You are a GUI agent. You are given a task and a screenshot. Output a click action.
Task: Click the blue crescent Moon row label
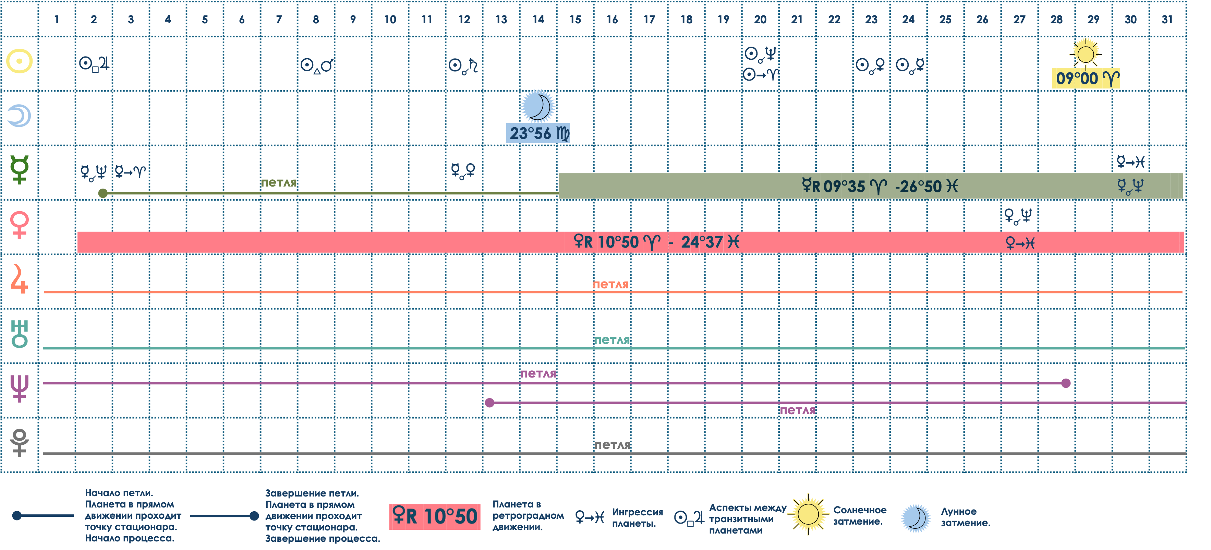coord(19,116)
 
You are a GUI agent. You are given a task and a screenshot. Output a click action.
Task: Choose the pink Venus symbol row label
coord(19,225)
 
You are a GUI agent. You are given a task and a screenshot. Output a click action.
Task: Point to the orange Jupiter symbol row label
coord(19,279)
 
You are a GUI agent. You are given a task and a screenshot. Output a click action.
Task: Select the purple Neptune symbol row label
coord(19,388)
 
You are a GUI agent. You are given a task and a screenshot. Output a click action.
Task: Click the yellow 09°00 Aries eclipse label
coord(1086,79)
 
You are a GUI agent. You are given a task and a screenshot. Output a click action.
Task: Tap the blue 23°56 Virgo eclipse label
coord(538,133)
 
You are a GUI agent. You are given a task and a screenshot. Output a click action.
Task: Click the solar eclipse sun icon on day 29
coord(1086,53)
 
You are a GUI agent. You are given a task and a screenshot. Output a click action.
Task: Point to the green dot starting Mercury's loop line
coord(103,193)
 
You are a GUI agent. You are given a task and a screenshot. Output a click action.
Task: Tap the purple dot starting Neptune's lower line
coord(489,403)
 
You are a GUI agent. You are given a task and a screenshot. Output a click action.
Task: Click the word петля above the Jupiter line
coord(610,284)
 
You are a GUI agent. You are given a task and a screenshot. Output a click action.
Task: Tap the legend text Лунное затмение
coord(965,517)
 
